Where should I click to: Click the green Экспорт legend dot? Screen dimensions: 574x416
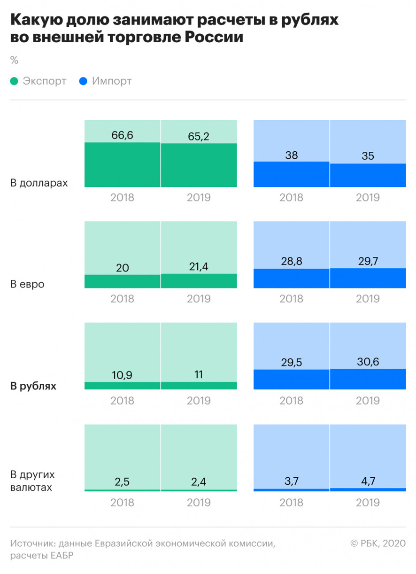pos(14,81)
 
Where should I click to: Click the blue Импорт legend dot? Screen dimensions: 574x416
pos(84,81)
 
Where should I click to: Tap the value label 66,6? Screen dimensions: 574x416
pos(123,136)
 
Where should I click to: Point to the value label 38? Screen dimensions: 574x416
pos(292,155)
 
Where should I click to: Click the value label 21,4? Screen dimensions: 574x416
pos(199,267)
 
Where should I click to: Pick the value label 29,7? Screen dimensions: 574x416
pos(368,262)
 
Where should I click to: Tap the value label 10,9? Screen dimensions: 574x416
pos(123,375)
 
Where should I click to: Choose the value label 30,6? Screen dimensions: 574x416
pos(368,362)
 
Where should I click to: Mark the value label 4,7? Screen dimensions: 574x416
pos(368,481)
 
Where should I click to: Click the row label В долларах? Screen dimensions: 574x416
pos(39,183)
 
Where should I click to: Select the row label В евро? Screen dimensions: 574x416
pos(27,285)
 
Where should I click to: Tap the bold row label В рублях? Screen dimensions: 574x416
pos(33,387)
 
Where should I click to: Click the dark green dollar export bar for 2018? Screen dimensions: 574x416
pos(123,164)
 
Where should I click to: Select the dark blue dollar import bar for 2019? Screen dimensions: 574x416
pos(368,175)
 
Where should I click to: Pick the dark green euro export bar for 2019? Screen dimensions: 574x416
pos(199,281)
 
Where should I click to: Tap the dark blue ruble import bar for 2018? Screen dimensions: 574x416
pos(292,380)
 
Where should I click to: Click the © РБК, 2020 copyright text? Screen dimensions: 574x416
pos(377,544)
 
